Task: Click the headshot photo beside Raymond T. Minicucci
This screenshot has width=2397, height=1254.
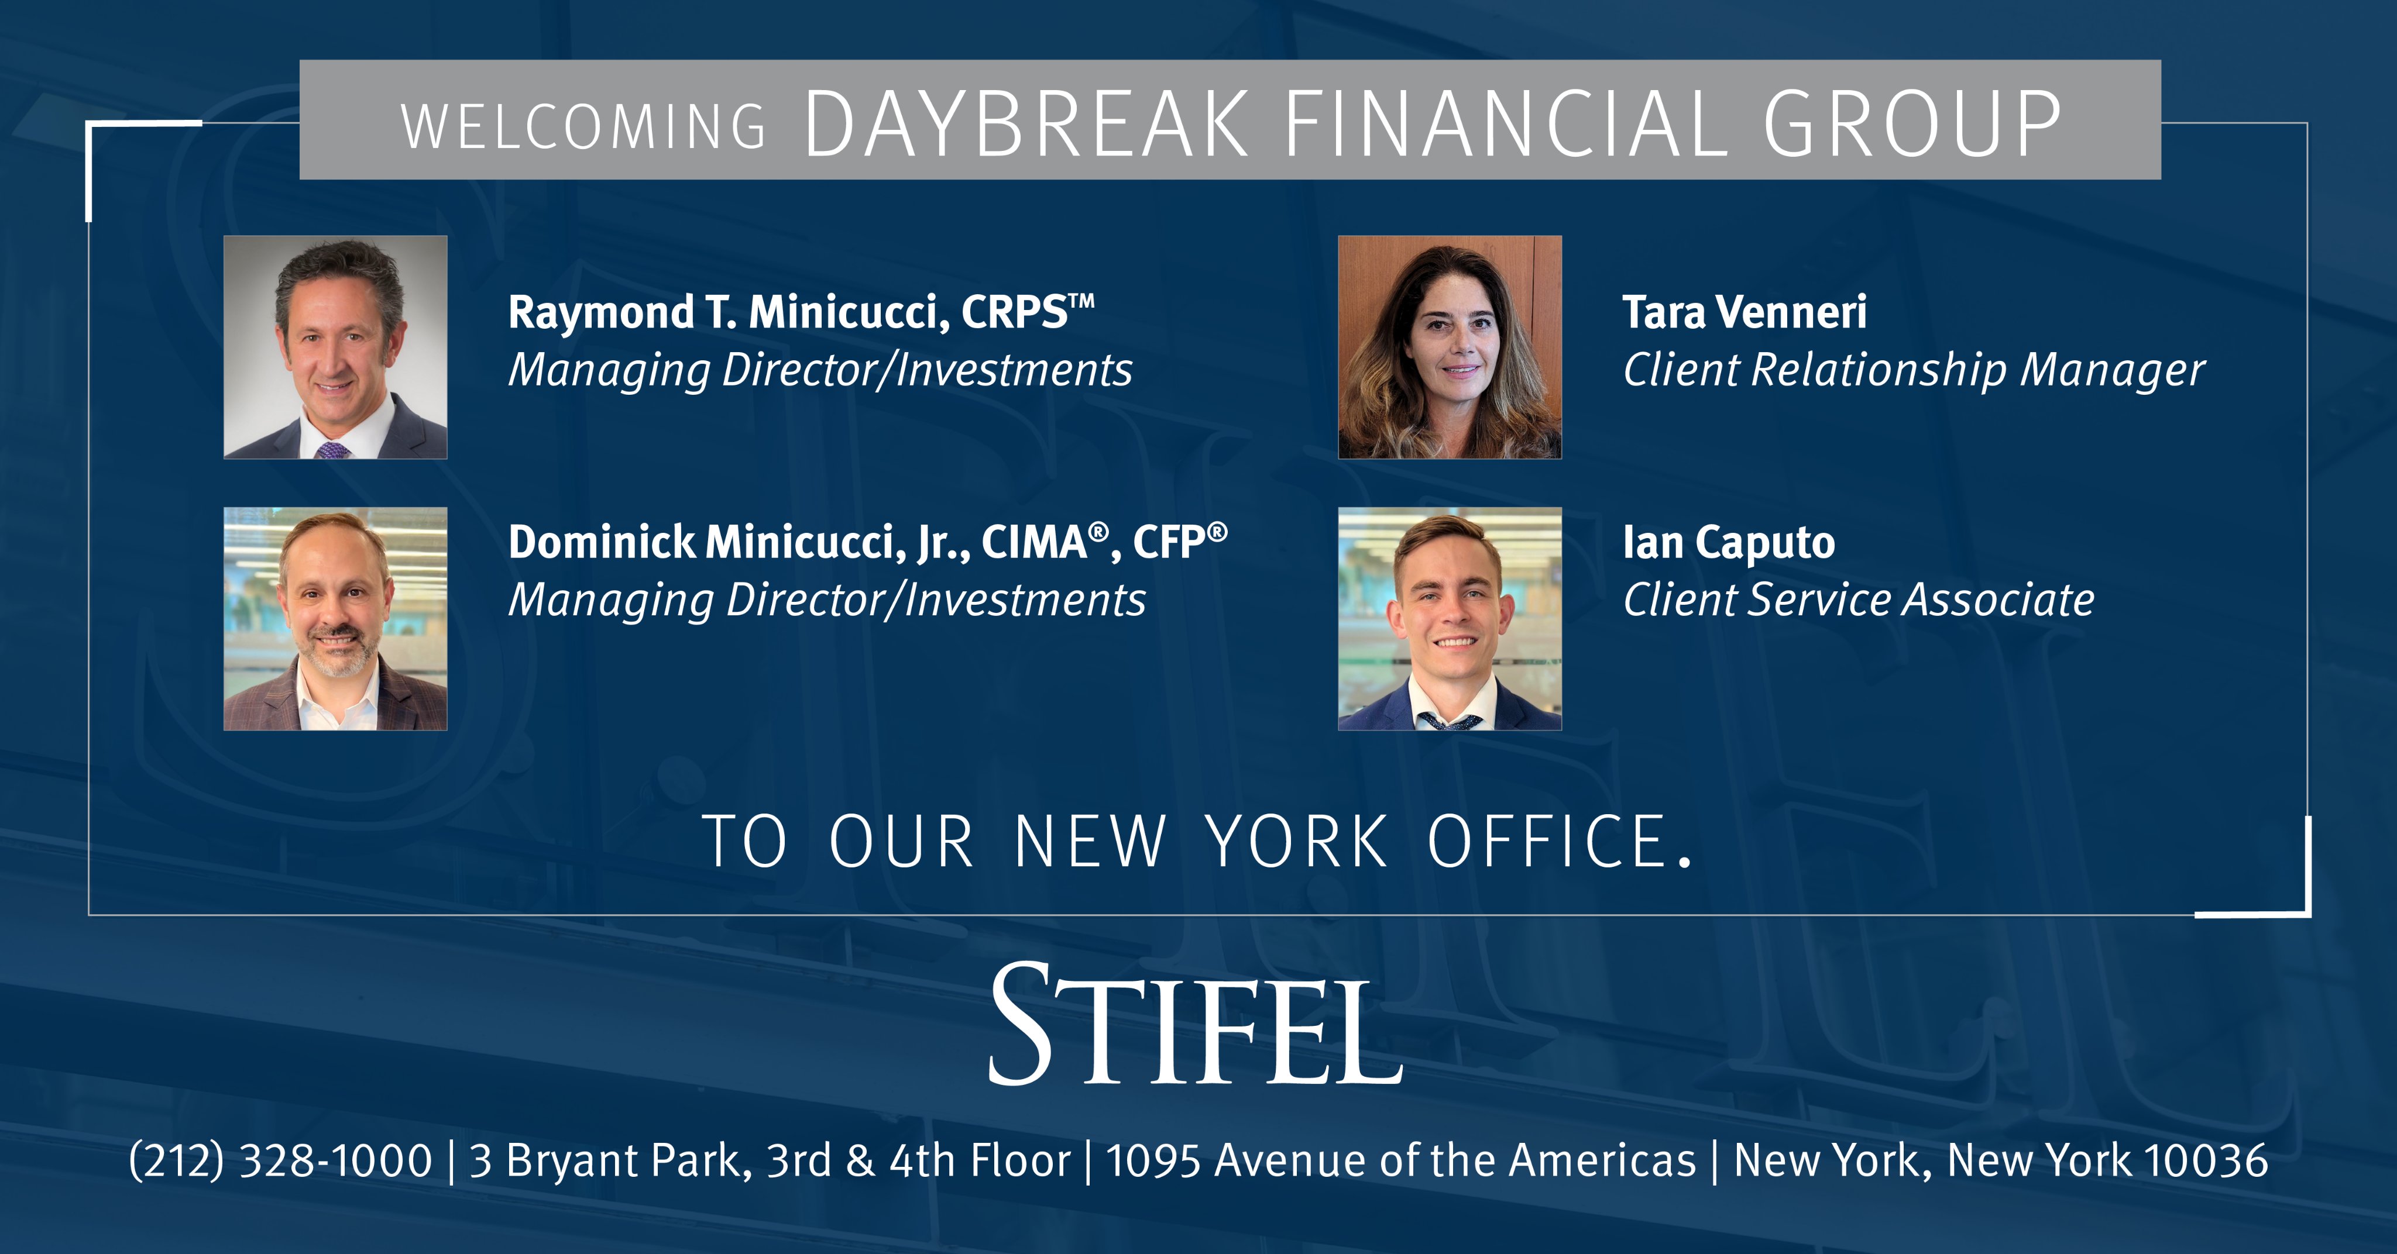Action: (x=335, y=347)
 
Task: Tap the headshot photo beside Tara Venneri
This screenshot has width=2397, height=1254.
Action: (x=1450, y=347)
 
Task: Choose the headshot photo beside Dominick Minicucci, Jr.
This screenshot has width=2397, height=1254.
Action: (x=335, y=619)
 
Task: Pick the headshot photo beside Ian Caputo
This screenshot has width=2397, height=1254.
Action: (x=1450, y=619)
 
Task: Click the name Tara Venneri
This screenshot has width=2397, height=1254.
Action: (x=1744, y=312)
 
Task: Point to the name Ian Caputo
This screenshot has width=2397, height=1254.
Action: (x=1729, y=542)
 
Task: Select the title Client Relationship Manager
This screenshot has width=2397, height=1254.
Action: (x=1913, y=370)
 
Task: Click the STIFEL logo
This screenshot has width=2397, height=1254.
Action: (x=1196, y=1026)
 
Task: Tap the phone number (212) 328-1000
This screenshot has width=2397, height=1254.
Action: (x=280, y=1161)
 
